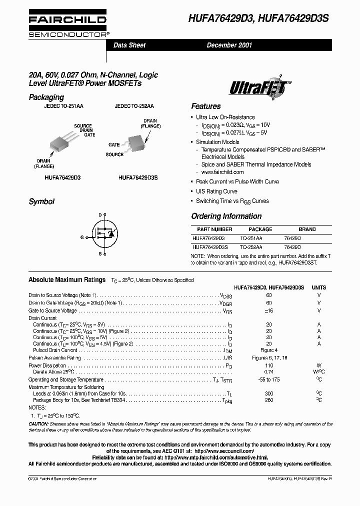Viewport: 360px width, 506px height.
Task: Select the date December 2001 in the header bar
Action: [229, 45]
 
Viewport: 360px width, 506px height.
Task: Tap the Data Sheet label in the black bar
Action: [129, 45]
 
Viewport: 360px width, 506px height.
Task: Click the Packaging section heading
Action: [46, 97]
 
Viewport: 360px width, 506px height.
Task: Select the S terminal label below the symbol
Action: [99, 253]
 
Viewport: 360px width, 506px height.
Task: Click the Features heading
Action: [205, 106]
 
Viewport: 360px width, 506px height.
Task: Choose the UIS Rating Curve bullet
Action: [216, 191]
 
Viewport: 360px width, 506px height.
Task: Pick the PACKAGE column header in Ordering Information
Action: [260, 229]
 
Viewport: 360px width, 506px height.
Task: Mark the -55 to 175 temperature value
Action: [269, 380]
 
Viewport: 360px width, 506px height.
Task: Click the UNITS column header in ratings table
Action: [318, 287]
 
